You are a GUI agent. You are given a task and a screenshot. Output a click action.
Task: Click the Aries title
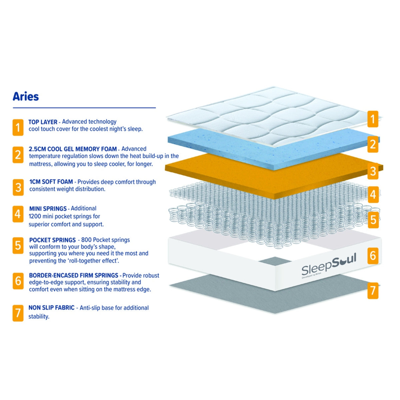pyautogui.click(x=26, y=97)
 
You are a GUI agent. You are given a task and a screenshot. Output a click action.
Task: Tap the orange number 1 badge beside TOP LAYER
pyautogui.click(x=18, y=127)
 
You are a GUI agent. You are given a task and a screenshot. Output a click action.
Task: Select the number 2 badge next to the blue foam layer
pyautogui.click(x=373, y=144)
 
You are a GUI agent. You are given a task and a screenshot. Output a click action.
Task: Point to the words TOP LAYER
pyautogui.click(x=43, y=122)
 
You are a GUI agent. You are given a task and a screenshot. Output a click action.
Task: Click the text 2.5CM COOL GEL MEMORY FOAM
pyautogui.click(x=73, y=149)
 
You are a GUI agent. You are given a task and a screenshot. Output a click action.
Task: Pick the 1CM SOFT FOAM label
pyautogui.click(x=51, y=182)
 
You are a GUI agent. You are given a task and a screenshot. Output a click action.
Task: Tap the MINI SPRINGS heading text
pyautogui.click(x=48, y=209)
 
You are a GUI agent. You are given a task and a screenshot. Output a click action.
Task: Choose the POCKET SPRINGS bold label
pyautogui.click(x=52, y=240)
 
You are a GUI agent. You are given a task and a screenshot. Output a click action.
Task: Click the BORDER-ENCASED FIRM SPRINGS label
pyautogui.click(x=74, y=275)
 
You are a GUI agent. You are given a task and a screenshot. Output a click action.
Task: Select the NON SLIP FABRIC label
pyautogui.click(x=51, y=308)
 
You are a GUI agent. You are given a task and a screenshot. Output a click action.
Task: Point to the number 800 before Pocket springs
pyautogui.click(x=86, y=240)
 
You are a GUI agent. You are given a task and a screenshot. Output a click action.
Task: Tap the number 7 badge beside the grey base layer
pyautogui.click(x=373, y=291)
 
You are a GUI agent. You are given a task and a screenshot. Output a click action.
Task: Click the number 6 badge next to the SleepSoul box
pyautogui.click(x=373, y=256)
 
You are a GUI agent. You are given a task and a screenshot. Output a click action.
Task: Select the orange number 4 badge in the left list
pyautogui.click(x=18, y=214)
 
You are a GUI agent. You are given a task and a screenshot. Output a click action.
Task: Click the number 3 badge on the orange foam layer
pyautogui.click(x=373, y=171)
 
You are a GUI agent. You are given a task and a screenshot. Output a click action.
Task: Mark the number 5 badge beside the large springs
pyautogui.click(x=373, y=220)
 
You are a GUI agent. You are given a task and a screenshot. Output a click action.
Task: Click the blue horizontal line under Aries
pyautogui.click(x=84, y=108)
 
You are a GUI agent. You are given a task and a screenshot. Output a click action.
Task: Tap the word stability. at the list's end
pyautogui.click(x=39, y=317)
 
